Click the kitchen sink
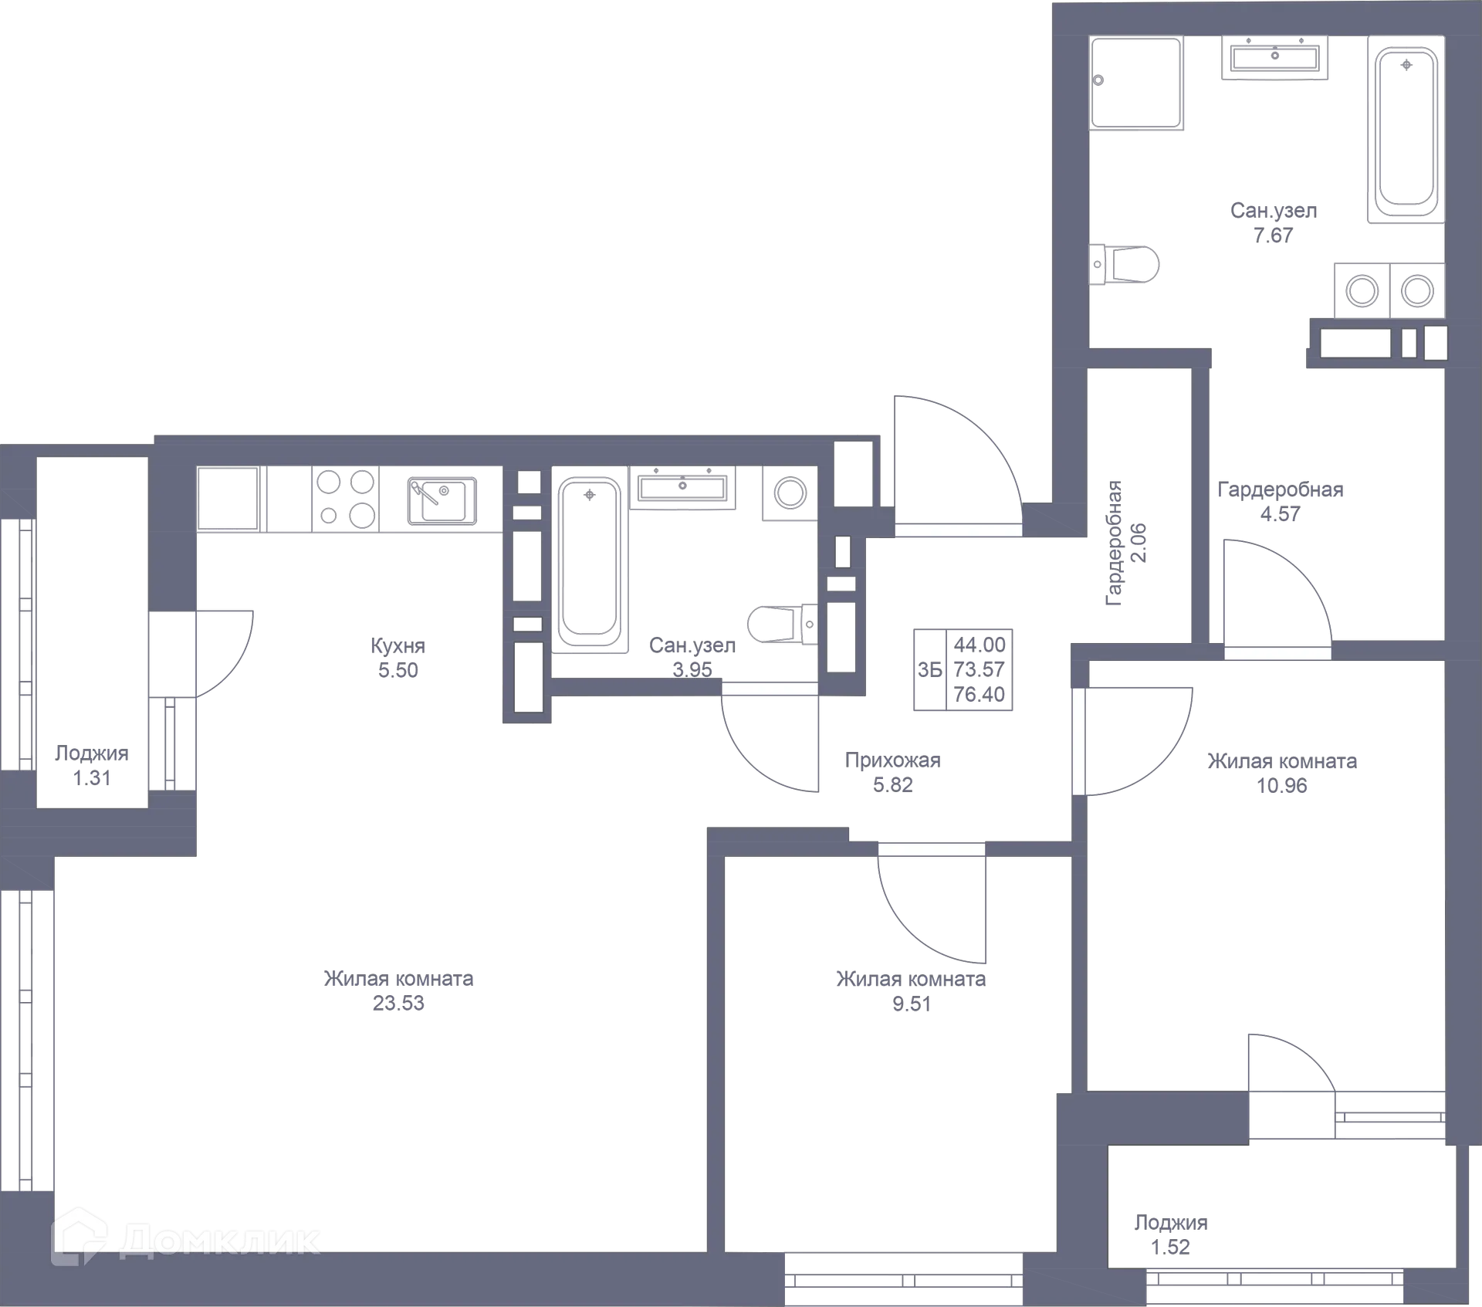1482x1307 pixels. pyautogui.click(x=442, y=499)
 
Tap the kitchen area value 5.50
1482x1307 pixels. pyautogui.click(x=398, y=670)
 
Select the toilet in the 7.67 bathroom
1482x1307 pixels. pyautogui.click(x=1124, y=265)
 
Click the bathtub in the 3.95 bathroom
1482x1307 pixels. pyautogui.click(x=590, y=564)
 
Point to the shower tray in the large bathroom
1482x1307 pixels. pyautogui.click(x=1136, y=83)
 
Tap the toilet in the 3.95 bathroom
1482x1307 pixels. pyautogui.click(x=783, y=624)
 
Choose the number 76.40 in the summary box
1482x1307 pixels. pyautogui.click(x=980, y=695)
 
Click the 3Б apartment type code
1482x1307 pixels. pyautogui.click(x=930, y=670)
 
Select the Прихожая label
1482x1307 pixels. pyautogui.click(x=893, y=760)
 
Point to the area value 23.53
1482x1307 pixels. pyautogui.click(x=398, y=1003)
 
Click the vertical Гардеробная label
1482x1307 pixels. pyautogui.click(x=1114, y=543)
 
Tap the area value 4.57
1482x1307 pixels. pyautogui.click(x=1281, y=513)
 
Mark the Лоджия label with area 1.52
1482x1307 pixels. pyautogui.click(x=1171, y=1222)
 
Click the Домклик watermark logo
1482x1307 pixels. pyautogui.click(x=185, y=1241)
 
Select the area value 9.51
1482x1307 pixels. pyautogui.click(x=912, y=1004)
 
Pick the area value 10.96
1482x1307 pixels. pyautogui.click(x=1282, y=785)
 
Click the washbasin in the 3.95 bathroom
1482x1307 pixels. pyautogui.click(x=682, y=487)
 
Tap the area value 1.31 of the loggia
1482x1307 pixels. pyautogui.click(x=92, y=778)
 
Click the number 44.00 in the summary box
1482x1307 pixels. pyautogui.click(x=980, y=645)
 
